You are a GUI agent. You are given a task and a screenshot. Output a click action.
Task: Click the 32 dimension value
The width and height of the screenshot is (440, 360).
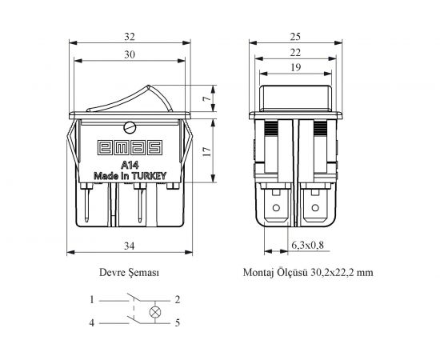tap(130, 37)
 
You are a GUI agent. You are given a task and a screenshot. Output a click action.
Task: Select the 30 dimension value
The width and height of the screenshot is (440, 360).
tap(130, 54)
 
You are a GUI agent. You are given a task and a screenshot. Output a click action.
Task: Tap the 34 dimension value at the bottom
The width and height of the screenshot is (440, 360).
tap(130, 246)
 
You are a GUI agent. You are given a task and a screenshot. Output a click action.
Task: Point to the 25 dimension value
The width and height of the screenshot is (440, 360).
tap(295, 37)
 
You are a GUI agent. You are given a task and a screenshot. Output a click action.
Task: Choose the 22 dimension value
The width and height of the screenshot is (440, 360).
tap(295, 53)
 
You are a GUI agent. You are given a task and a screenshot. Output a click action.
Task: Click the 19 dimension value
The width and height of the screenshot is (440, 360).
tap(295, 67)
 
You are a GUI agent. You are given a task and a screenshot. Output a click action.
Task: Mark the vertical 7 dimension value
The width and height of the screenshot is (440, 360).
tap(206, 98)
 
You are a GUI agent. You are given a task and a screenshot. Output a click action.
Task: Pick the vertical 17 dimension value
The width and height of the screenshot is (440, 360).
tap(206, 151)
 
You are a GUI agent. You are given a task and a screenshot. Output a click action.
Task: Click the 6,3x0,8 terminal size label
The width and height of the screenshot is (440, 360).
tap(307, 246)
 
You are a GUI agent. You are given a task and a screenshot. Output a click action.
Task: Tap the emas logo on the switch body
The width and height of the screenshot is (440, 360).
tap(130, 147)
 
